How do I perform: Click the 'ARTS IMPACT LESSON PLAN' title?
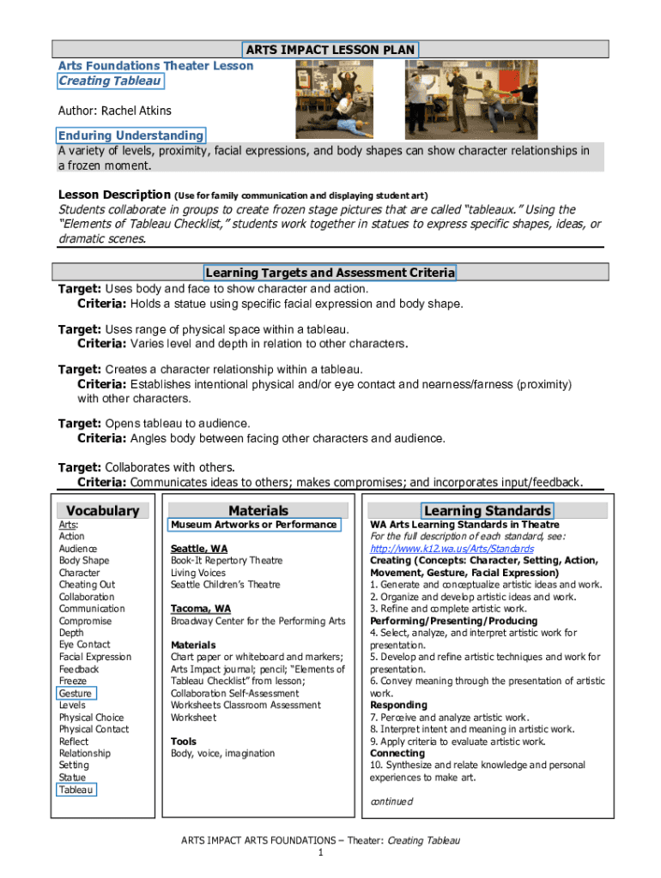click(330, 50)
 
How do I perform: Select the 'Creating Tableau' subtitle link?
click(109, 81)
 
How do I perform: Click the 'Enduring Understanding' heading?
click(130, 135)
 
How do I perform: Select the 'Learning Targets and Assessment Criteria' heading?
click(330, 273)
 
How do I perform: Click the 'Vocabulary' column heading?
click(102, 511)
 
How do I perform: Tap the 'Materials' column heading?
click(258, 511)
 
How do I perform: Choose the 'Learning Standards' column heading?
click(487, 511)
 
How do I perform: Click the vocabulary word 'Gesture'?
click(76, 693)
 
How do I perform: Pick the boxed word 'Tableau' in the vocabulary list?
click(76, 790)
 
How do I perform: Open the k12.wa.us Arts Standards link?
click(452, 549)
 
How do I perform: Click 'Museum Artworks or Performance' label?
click(254, 525)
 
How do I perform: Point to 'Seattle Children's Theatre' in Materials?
click(226, 585)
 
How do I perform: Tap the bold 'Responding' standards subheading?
click(398, 705)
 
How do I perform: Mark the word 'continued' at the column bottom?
click(391, 802)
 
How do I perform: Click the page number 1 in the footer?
click(320, 854)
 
